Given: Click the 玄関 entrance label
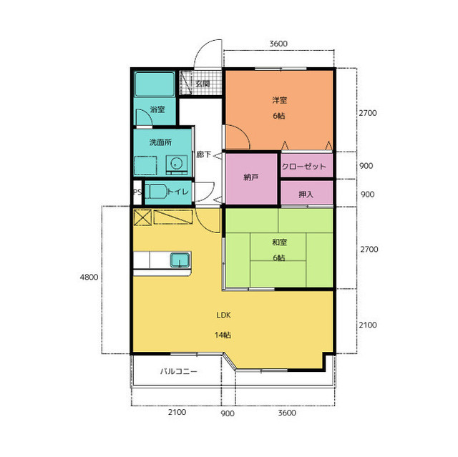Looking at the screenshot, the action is point(203,84).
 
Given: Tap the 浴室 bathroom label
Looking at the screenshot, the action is point(157,109).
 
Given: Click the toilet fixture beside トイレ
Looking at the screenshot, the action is point(156,192).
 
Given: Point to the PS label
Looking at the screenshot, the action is point(137,192).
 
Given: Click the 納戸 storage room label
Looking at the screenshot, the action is point(251,177).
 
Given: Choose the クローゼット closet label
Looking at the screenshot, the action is point(303,167).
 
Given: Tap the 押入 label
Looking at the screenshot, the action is point(306,195).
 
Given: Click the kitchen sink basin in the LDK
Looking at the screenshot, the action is point(180,260).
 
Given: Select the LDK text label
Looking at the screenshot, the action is point(223,315).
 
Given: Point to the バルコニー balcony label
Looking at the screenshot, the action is point(178,371).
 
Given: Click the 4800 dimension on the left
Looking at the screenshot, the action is point(89,277).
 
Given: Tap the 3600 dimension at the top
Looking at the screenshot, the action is point(278,44).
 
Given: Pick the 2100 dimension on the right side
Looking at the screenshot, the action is point(368,325).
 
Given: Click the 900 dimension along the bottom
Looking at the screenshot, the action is point(228,413).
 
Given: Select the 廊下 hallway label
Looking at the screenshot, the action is point(203,154).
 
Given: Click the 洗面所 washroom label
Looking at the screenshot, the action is point(160,142).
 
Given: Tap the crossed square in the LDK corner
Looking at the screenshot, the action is point(142,217).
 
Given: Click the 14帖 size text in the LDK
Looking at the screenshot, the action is point(223,335).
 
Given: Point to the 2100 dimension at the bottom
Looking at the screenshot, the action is point(177,413).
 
